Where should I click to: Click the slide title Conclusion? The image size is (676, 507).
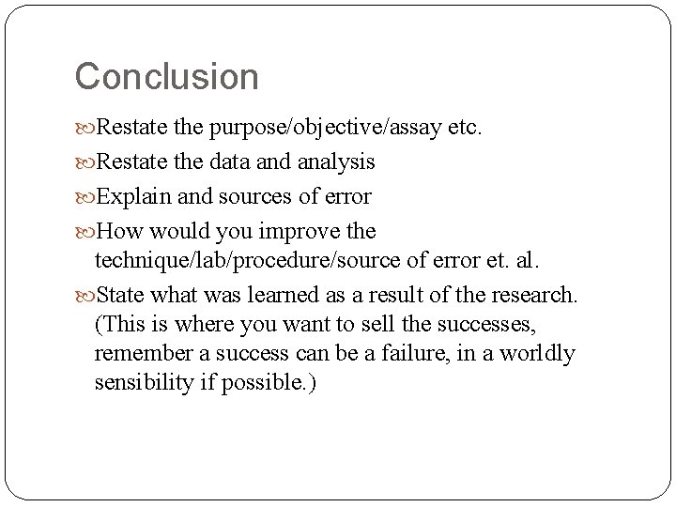tap(166, 76)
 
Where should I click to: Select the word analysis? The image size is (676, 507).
tap(337, 161)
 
